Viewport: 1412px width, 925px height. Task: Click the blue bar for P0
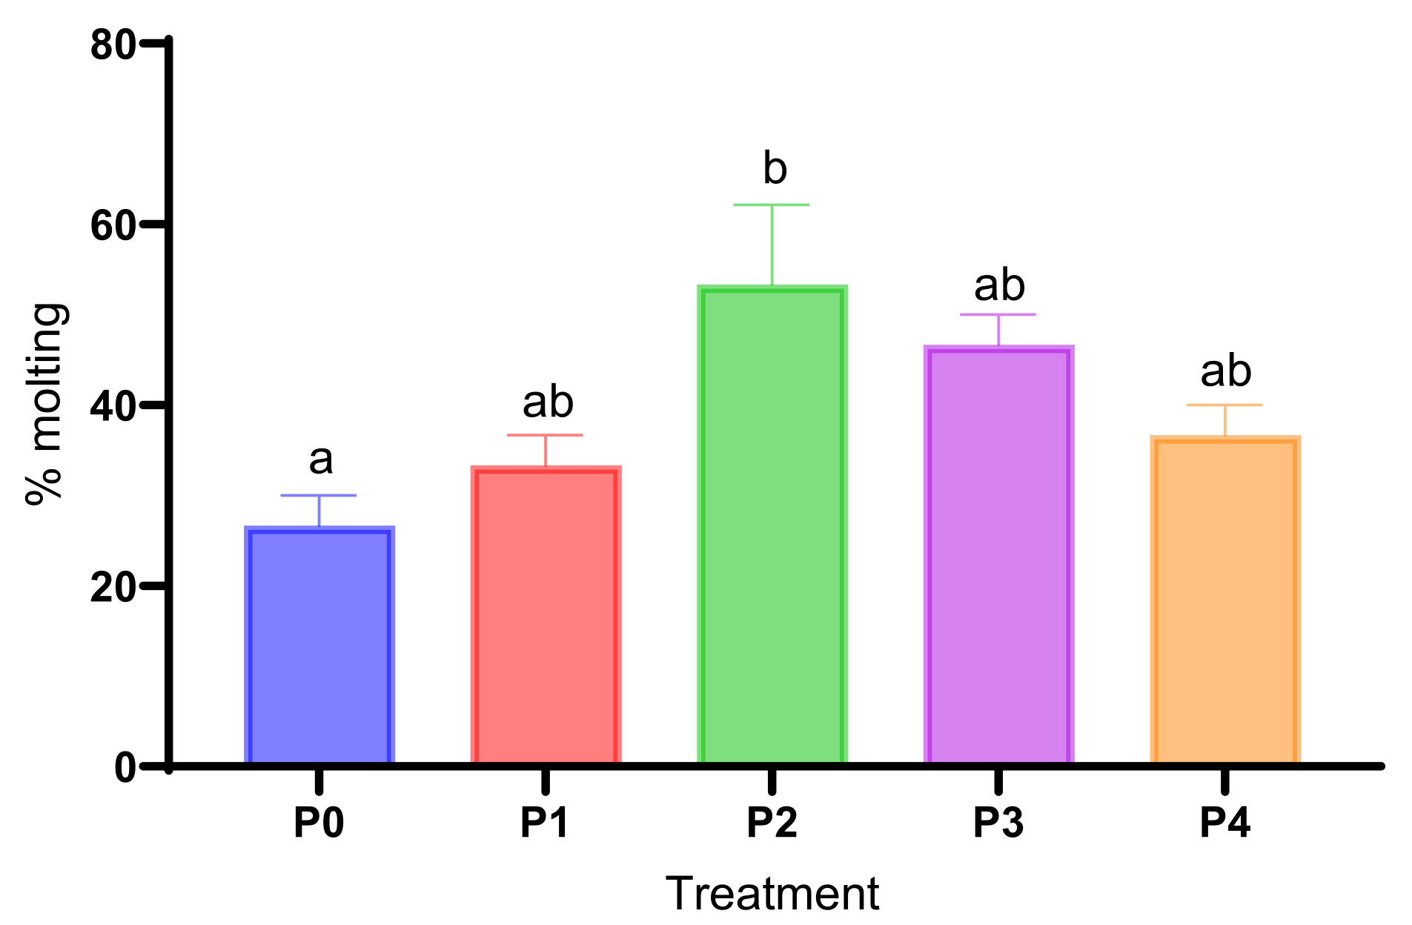tap(319, 645)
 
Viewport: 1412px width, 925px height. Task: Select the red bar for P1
tap(546, 615)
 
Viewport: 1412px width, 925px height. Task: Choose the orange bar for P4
tap(1225, 600)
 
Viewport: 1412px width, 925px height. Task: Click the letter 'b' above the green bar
tap(775, 169)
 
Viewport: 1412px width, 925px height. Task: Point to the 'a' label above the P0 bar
tap(320, 460)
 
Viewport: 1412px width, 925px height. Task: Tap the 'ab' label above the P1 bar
tap(548, 402)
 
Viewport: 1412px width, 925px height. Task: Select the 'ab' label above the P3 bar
tap(999, 285)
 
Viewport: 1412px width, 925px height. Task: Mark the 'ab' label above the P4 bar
tap(1226, 371)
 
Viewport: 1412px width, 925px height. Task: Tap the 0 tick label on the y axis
tap(125, 768)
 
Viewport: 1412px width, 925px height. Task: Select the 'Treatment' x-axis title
tap(772, 893)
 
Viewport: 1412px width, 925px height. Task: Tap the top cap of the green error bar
tap(772, 205)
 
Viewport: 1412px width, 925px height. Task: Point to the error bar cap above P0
tap(319, 495)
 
